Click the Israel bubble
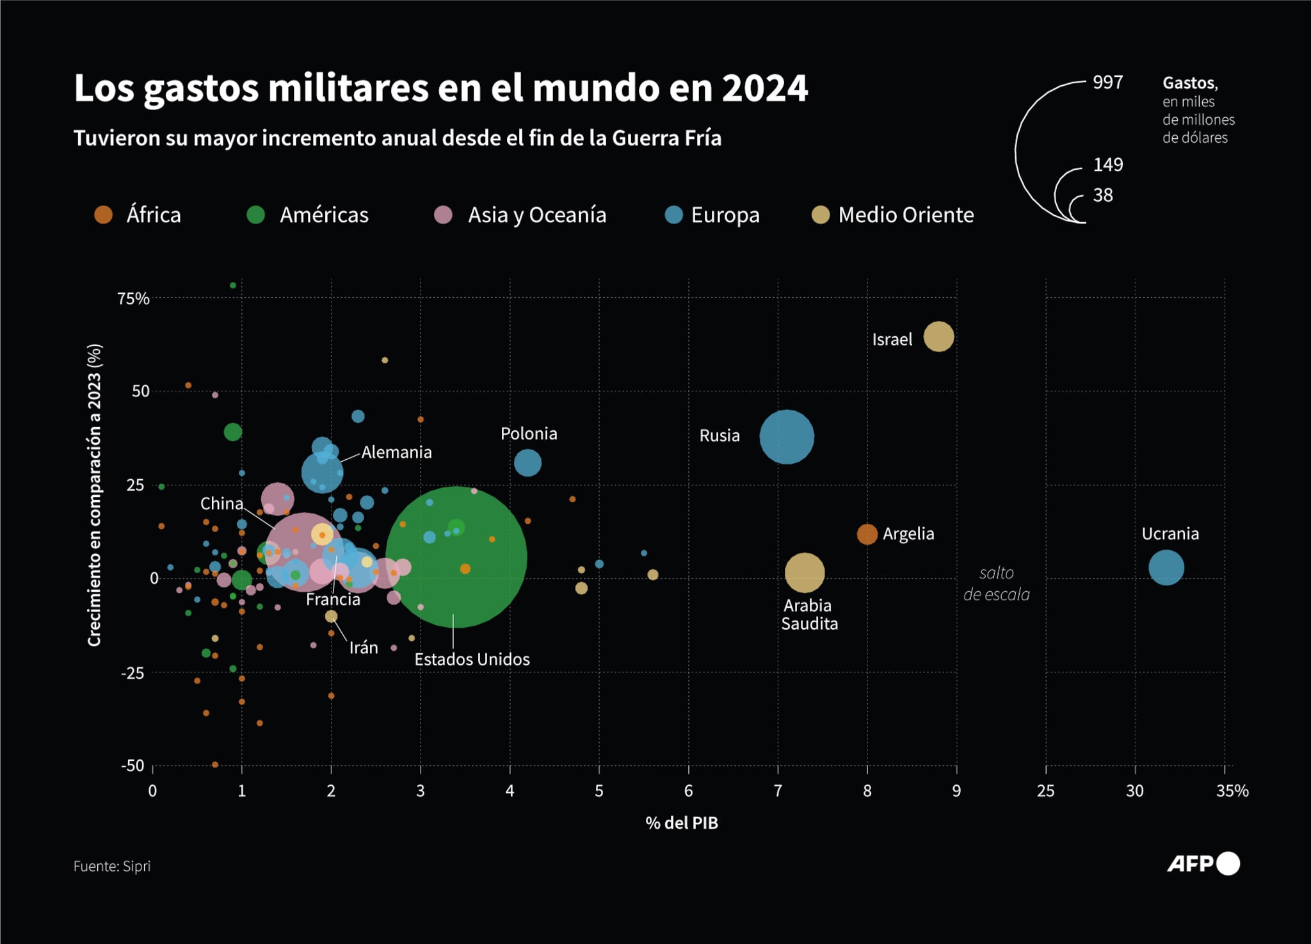938,336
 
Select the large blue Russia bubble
787,437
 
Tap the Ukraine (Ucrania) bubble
1166,567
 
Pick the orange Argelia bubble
867,533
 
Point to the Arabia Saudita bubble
805,573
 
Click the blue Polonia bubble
527,462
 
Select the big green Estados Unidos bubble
456,557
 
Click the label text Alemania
396,452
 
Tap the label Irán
363,647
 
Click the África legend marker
104,215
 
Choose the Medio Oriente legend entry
905,215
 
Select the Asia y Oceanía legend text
536,215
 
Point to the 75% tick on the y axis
133,298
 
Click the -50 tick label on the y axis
133,765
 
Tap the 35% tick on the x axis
1232,791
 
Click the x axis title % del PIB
681,823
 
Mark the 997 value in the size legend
1107,82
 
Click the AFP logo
1202,863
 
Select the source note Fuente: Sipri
112,866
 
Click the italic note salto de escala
996,583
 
